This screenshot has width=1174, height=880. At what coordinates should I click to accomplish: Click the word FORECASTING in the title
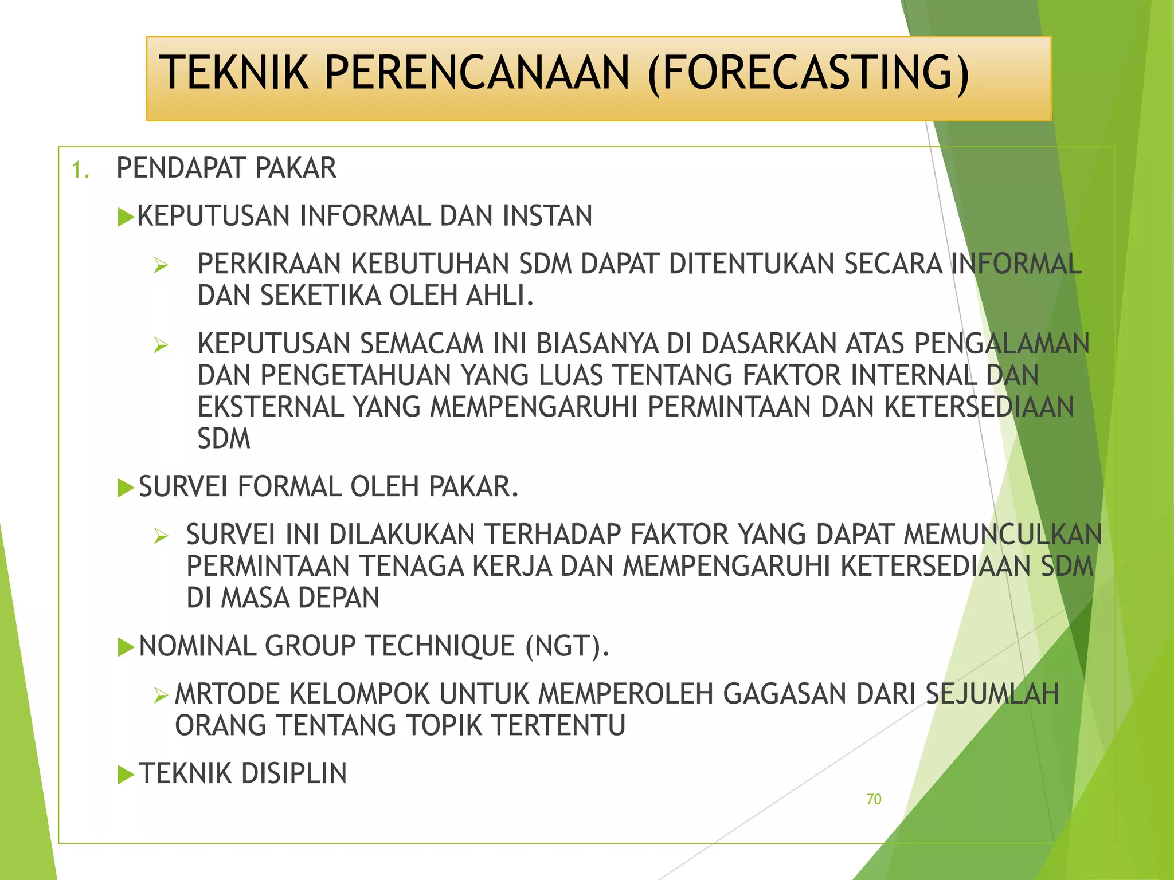click(x=808, y=73)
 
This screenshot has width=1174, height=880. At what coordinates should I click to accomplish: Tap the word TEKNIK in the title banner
click(x=234, y=73)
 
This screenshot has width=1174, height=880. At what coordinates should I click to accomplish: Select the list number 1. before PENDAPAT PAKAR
click(x=80, y=170)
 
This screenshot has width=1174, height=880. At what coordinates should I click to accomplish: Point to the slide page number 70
click(x=874, y=799)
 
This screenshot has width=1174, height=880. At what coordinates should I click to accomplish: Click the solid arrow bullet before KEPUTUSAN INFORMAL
click(x=126, y=217)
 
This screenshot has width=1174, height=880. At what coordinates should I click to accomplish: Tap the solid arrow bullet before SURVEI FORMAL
click(x=126, y=488)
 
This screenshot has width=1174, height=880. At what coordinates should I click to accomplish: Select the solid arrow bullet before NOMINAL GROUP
click(x=126, y=647)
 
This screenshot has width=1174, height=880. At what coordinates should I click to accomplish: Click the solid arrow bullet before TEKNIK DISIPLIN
click(x=126, y=775)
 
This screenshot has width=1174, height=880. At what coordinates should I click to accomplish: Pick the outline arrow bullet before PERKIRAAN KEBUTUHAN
click(x=161, y=265)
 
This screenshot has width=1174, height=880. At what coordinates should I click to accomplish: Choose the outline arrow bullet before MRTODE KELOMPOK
click(x=161, y=696)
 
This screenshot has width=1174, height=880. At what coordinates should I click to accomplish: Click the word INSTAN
click(x=547, y=216)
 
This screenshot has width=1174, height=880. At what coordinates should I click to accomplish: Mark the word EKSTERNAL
click(x=271, y=407)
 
